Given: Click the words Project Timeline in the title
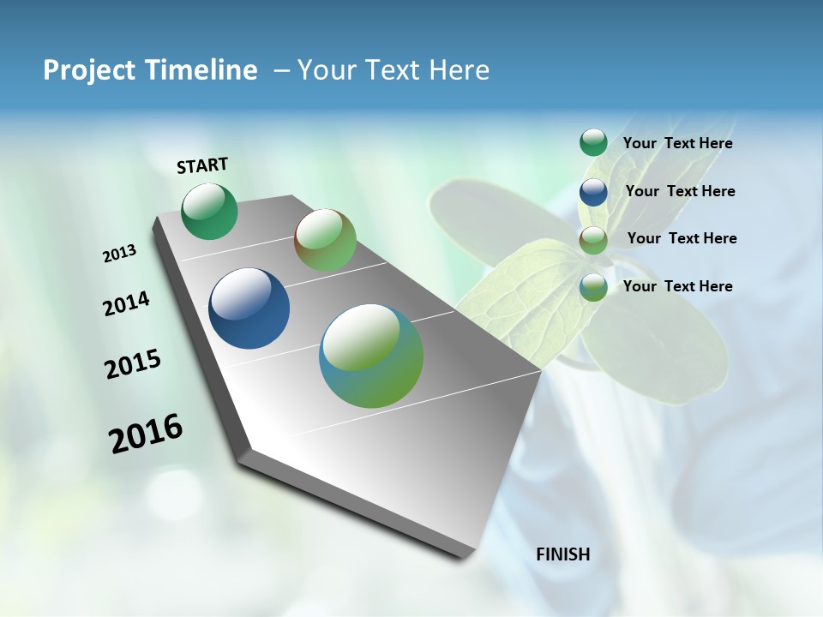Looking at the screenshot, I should (150, 70).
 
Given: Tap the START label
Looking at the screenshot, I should (202, 165).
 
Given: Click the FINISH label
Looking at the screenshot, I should (563, 554).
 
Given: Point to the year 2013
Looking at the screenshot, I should (120, 254).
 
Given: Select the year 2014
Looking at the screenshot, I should (127, 303).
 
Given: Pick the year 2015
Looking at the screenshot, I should (133, 364).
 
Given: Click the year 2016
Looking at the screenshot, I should (146, 434).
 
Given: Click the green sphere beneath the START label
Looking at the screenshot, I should (210, 212).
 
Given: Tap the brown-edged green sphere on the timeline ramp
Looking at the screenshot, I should (325, 240).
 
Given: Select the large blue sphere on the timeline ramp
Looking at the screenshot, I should (249, 308).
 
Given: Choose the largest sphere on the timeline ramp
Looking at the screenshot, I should (371, 356).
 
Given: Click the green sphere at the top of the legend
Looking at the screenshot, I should (593, 143).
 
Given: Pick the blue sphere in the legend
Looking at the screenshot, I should (593, 192).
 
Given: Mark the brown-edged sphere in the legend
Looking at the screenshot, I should (593, 240).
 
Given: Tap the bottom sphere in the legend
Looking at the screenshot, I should (593, 287).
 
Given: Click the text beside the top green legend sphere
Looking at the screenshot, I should (678, 144).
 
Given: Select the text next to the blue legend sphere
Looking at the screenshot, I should (681, 191).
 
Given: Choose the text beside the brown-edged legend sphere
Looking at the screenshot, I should (682, 238).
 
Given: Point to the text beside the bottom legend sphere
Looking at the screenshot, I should (678, 286).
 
